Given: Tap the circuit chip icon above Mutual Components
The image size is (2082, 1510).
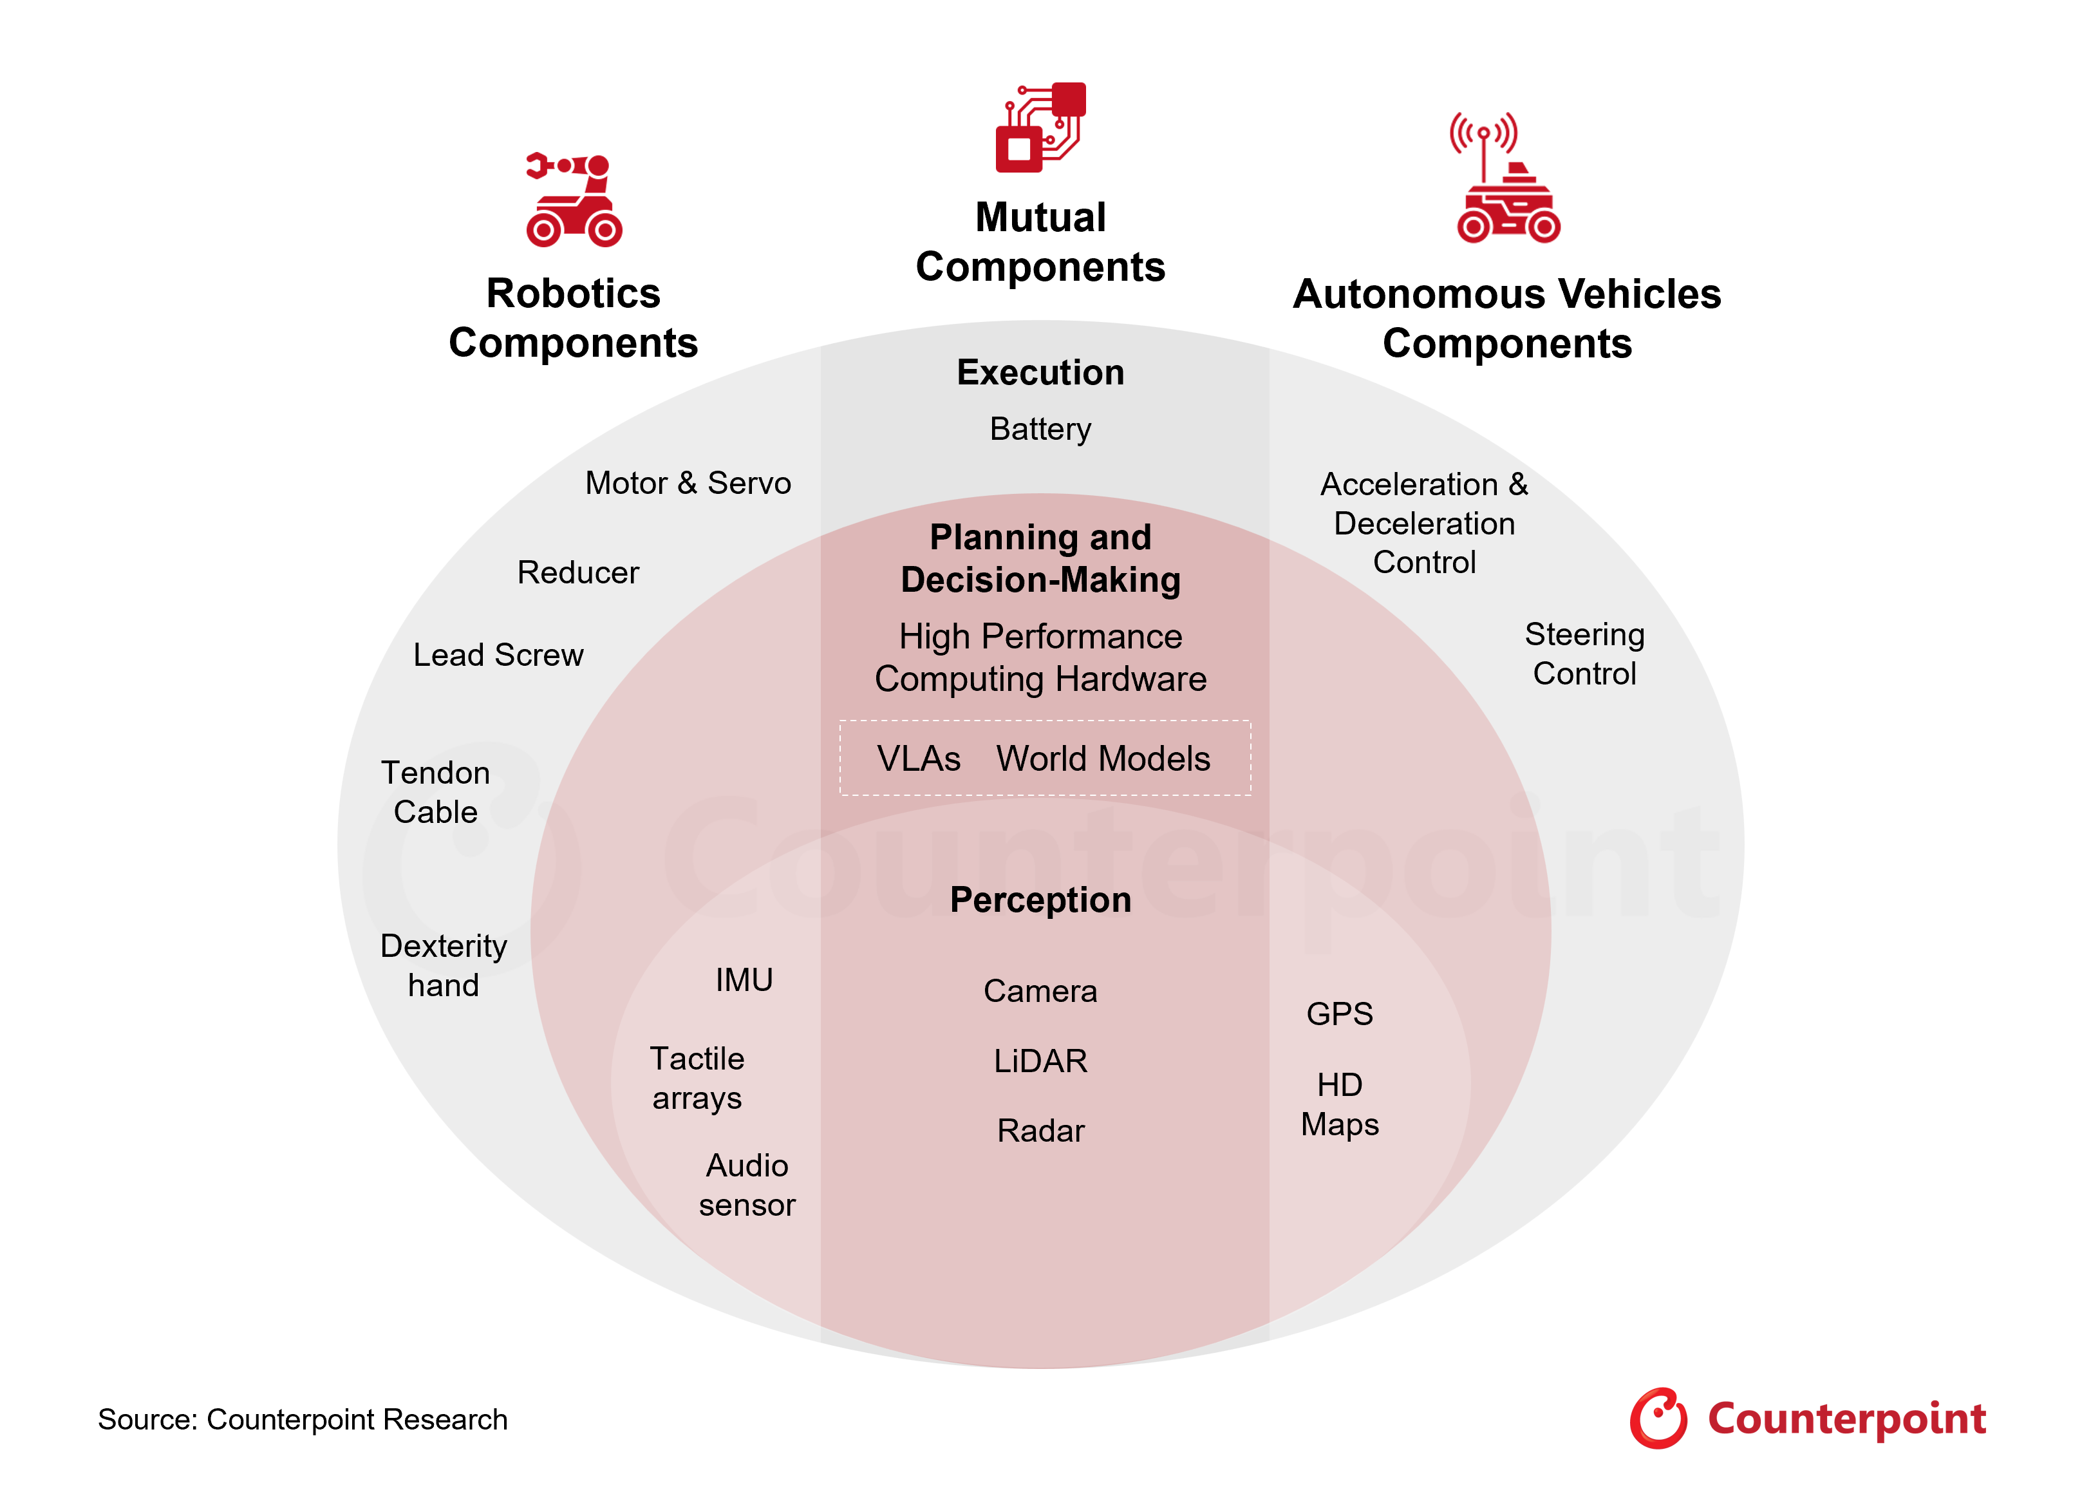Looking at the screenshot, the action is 1041,127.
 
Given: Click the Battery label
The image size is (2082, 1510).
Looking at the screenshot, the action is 1040,429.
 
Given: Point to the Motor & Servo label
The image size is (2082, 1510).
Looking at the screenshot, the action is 688,483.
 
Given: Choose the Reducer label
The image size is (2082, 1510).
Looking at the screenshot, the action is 577,572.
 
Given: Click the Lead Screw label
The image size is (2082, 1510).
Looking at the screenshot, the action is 498,654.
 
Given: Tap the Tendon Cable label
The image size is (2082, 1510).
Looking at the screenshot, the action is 435,792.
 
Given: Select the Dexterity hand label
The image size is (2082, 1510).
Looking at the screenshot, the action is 444,965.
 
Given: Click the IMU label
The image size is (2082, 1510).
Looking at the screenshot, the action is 744,979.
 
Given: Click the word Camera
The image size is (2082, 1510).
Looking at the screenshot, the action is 1040,990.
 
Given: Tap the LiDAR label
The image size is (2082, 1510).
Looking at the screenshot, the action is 1040,1060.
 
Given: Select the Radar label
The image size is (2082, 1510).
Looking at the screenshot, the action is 1040,1130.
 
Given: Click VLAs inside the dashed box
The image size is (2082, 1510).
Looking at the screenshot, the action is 918,758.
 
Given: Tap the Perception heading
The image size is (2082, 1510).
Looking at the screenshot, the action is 1040,900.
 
